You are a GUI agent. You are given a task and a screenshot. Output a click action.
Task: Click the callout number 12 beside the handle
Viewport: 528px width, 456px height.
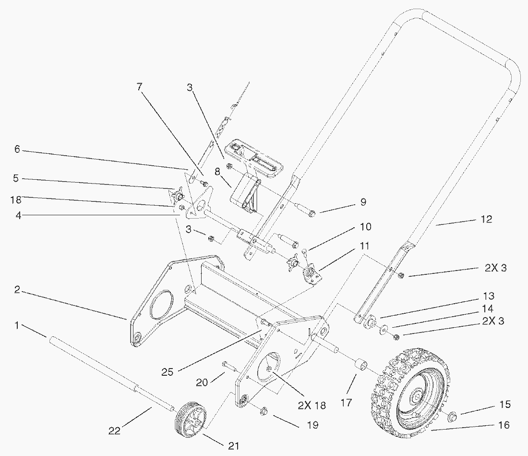(486, 219)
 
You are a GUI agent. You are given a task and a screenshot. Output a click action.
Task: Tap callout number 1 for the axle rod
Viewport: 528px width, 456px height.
(17, 325)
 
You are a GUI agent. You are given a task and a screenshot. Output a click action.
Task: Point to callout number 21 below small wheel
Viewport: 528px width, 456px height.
(233, 445)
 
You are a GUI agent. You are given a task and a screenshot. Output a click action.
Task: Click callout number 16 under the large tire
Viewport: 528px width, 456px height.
(504, 425)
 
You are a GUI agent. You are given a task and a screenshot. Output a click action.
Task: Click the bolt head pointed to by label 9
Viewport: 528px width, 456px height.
(312, 213)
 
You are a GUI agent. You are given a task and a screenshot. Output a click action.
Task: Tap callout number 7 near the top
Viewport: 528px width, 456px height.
(139, 86)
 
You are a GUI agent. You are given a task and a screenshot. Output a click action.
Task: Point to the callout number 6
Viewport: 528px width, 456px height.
(17, 150)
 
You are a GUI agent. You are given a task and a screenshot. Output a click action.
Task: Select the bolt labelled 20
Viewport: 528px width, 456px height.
(229, 368)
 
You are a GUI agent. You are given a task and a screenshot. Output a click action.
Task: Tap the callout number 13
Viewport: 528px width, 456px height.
(489, 296)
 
